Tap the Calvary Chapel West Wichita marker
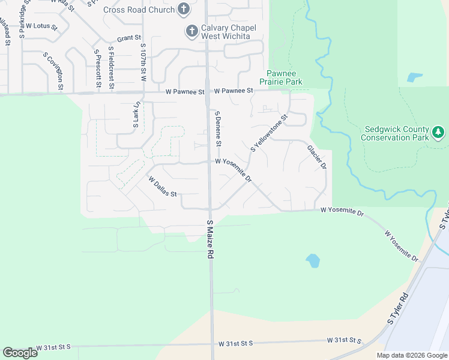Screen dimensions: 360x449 (x=191, y=31)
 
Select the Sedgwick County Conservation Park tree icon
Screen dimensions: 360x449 (x=438, y=131)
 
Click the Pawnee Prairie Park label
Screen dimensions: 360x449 (x=281, y=77)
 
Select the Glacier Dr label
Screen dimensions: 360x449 (x=316, y=157)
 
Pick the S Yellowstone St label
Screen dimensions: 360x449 (x=270, y=133)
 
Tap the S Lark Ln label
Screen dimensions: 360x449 (x=136, y=115)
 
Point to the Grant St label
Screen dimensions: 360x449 (x=129, y=38)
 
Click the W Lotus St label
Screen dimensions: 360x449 (x=41, y=27)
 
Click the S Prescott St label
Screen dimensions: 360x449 (x=97, y=68)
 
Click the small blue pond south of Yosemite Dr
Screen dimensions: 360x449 (x=312, y=260)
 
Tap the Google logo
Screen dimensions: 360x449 (x=20, y=353)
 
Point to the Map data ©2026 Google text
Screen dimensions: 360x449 (x=412, y=355)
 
